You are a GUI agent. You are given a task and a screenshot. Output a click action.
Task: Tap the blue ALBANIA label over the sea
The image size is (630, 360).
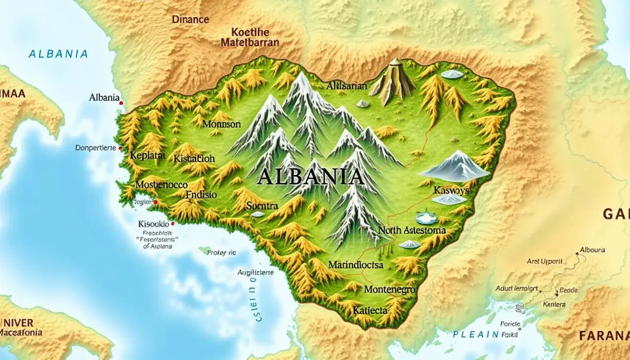[x=58, y=54]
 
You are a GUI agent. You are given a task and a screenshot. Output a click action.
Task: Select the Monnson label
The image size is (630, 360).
[x=221, y=125]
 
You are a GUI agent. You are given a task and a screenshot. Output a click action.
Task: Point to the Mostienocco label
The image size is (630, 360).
[x=161, y=185]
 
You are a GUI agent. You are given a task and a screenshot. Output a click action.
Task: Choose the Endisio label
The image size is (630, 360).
[x=201, y=195]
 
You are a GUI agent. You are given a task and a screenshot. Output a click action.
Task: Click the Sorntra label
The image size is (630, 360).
[x=262, y=205]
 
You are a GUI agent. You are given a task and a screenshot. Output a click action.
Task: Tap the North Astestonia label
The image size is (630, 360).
[x=412, y=230]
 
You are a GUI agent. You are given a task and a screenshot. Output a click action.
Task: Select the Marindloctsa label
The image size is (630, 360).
[x=355, y=265]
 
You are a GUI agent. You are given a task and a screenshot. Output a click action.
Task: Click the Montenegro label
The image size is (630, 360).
[x=390, y=290]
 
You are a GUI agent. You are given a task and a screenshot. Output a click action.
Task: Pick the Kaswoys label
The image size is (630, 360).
[x=448, y=190]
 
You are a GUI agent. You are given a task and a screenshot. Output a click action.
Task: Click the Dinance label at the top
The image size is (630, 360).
[x=190, y=20]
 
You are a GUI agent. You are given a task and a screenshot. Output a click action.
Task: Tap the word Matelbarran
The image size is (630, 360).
[x=250, y=42]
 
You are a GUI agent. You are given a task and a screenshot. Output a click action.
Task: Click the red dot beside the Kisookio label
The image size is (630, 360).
[x=173, y=223]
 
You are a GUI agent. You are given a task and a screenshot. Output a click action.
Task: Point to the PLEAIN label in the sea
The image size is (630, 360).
[x=476, y=334]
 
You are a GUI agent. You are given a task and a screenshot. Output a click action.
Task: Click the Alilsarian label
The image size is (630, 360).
[x=346, y=86]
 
